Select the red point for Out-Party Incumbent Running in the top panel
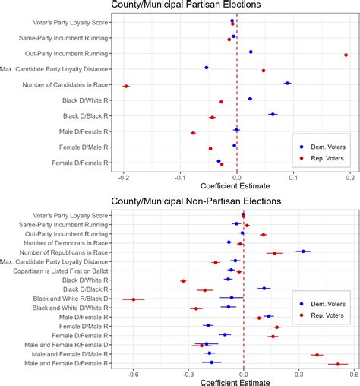[x=346, y=55]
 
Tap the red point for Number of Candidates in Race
[x=126, y=87]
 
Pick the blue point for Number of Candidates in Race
[x=287, y=83]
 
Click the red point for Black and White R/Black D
[x=134, y=299]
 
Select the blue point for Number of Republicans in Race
[x=303, y=251]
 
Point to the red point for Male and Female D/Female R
[x=338, y=365]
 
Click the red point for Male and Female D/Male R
[x=317, y=355]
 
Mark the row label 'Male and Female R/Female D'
[x=66, y=344]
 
